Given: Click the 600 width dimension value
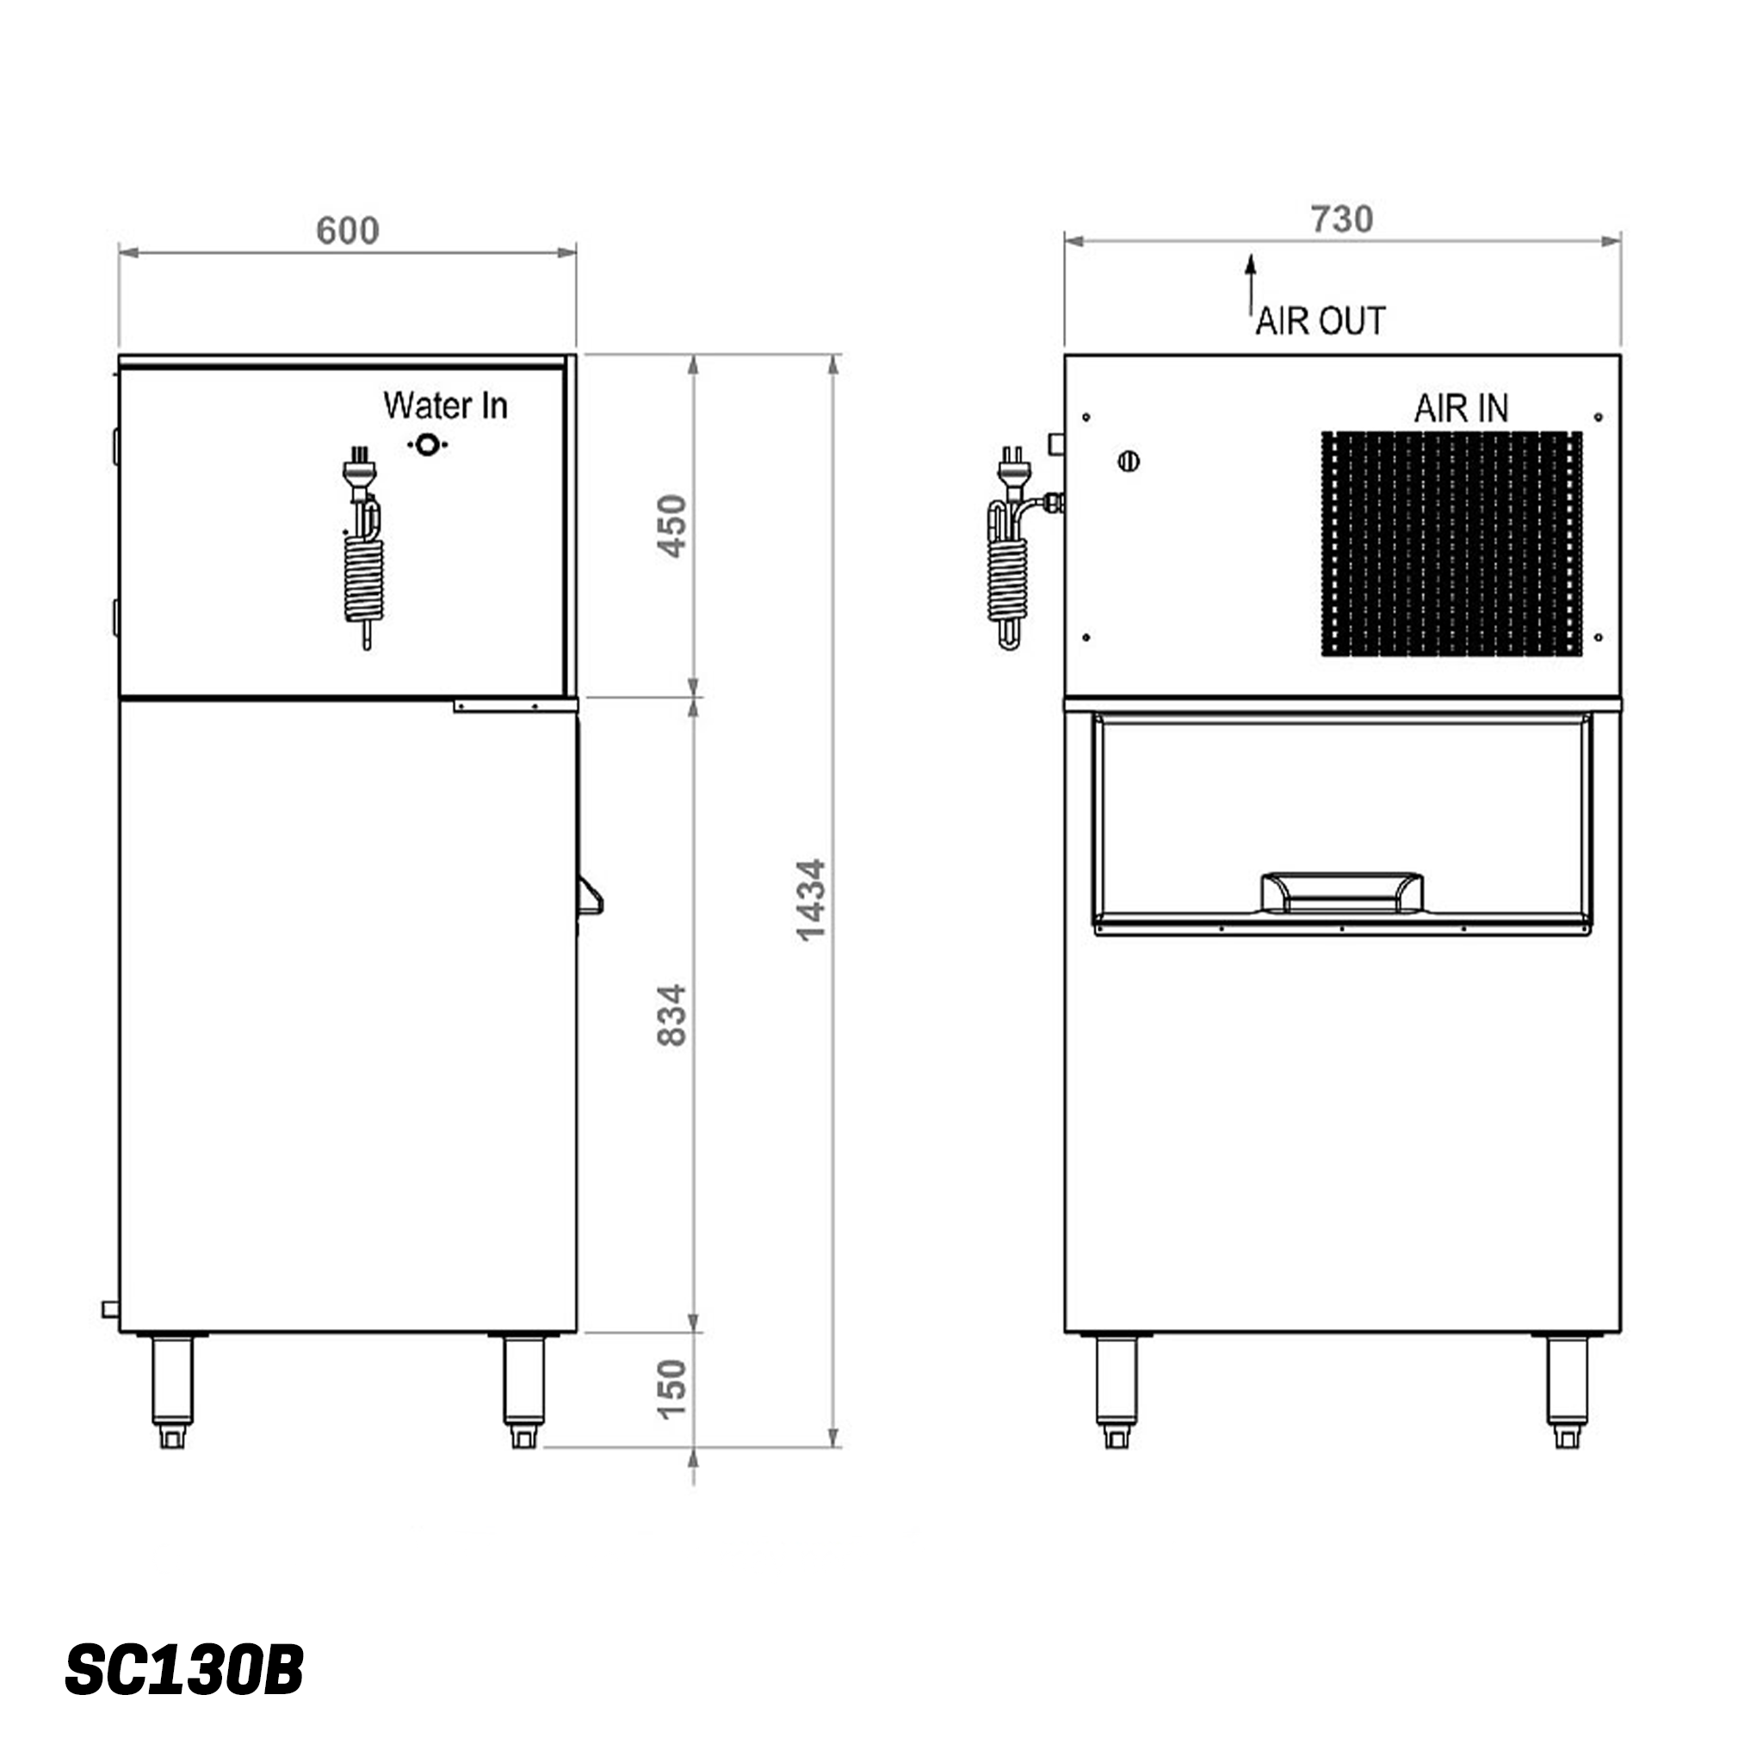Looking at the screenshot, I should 347,231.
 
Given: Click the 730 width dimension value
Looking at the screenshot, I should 1341,220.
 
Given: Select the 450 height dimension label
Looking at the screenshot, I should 672,526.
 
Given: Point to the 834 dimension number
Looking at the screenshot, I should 672,1015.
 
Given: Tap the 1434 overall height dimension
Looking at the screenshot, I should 810,900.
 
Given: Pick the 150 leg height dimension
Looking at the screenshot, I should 672,1389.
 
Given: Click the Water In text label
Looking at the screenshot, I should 444,406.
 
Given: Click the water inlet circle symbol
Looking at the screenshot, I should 426,445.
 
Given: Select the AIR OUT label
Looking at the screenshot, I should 1320,321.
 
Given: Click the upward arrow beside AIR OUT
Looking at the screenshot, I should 1250,283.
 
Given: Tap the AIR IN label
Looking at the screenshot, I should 1461,408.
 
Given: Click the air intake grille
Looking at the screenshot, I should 1451,544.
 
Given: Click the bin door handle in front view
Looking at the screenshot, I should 1341,893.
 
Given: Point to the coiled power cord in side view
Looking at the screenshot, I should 365,577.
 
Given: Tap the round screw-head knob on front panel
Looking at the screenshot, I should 1128,461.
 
